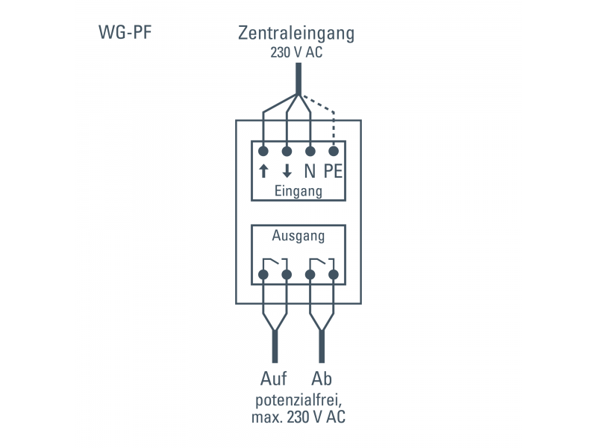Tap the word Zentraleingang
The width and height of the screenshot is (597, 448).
pos(296,34)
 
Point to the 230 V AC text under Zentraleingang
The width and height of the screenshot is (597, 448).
pos(297,53)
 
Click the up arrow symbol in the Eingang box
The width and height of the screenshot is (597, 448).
pos(263,171)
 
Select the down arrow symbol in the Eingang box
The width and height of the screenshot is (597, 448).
pos(287,171)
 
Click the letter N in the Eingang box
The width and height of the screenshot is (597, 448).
pos(310,171)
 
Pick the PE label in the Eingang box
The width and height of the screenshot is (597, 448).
pos(333,171)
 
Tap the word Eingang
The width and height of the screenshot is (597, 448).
pos(298,191)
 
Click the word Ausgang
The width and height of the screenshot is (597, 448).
pos(298,237)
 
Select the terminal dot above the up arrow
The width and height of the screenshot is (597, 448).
pos(263,151)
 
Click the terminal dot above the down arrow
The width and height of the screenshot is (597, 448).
pos(287,151)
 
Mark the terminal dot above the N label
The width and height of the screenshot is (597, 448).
pos(310,151)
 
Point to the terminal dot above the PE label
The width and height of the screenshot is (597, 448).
pos(333,151)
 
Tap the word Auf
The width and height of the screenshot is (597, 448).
pos(274,377)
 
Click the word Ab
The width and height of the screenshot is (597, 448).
pos(322,377)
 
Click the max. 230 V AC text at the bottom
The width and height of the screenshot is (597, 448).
pos(298,417)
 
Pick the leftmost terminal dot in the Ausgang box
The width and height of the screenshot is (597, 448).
pos(263,275)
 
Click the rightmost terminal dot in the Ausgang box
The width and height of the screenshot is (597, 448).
pos(333,275)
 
